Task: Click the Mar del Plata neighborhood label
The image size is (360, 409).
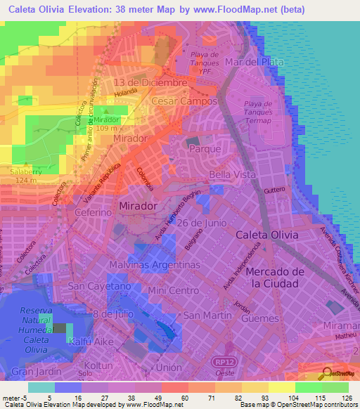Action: [x=255, y=62]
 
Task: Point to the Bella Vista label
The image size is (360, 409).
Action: [x=232, y=174]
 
